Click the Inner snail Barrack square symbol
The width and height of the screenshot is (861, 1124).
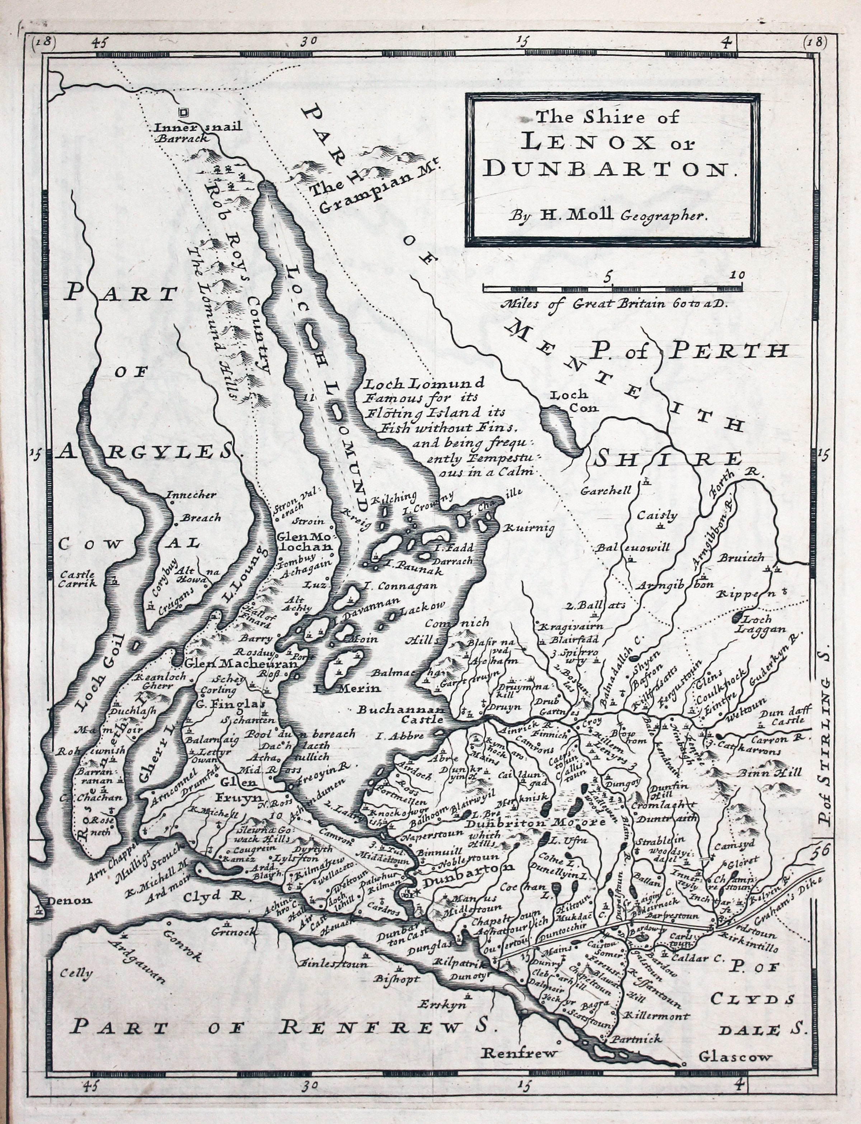pos(183,111)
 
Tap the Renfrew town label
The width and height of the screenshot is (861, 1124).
pos(519,1053)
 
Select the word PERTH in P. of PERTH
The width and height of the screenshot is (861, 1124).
pos(728,351)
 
